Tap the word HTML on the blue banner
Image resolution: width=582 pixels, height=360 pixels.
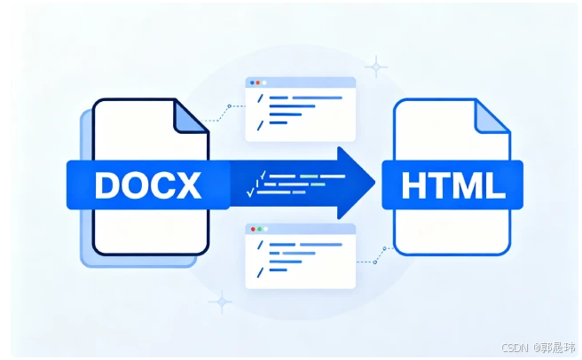(452, 185)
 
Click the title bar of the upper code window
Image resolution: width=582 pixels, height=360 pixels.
(302, 82)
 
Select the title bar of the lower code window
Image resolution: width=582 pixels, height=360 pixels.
(302, 230)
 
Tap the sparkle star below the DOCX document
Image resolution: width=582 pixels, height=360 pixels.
(219, 301)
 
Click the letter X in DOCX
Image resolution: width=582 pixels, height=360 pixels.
(193, 184)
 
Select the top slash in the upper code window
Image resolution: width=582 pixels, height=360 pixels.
(259, 98)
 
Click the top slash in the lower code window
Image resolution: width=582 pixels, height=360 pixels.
(259, 244)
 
